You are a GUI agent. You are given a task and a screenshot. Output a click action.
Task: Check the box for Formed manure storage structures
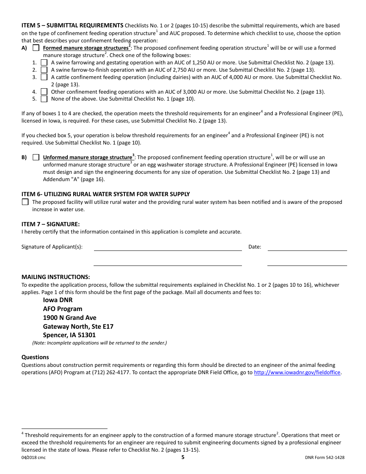click(36, 48)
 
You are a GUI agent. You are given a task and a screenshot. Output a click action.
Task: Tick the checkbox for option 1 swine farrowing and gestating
click(44, 62)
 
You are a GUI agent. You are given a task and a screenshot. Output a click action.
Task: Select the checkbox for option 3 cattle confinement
click(44, 77)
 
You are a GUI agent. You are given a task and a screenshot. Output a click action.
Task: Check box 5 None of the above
click(44, 99)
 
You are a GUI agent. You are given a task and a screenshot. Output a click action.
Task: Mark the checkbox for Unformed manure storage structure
click(36, 157)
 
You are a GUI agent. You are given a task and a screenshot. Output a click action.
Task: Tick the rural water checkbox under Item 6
click(25, 202)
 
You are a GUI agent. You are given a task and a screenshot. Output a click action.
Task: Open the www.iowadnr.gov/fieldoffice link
click(297, 373)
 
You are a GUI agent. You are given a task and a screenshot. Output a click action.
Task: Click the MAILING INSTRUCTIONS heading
click(55, 277)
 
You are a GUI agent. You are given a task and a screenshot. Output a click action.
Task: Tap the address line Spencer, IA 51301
click(69, 335)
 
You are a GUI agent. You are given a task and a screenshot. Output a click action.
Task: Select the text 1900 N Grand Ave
click(70, 318)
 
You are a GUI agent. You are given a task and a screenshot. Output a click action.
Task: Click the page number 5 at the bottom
click(183, 457)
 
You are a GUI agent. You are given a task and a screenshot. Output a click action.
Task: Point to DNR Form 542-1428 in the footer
click(324, 458)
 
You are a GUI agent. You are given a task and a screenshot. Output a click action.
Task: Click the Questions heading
click(35, 357)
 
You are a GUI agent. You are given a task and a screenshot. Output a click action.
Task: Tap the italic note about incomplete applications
click(99, 343)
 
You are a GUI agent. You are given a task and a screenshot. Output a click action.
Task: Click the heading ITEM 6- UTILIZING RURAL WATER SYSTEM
click(106, 194)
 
